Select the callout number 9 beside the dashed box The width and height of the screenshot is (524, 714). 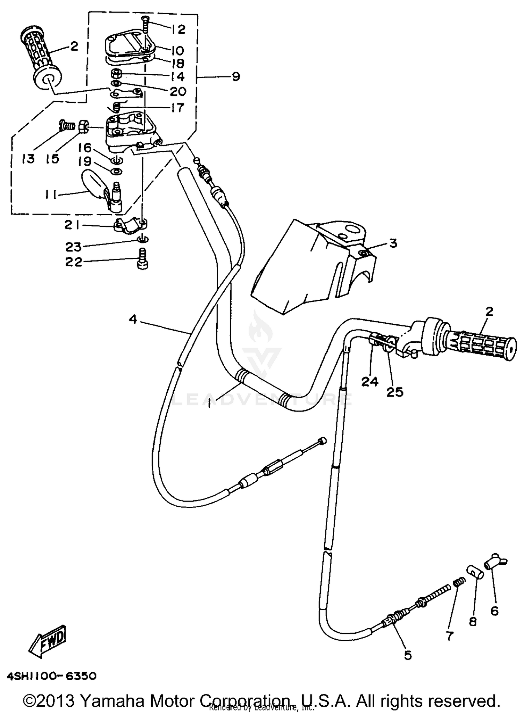click(236, 76)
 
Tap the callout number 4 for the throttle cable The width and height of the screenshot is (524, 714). click(133, 319)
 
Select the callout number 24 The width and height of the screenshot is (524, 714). click(370, 382)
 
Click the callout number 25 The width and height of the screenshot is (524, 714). click(395, 392)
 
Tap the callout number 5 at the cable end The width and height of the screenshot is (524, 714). click(408, 655)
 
